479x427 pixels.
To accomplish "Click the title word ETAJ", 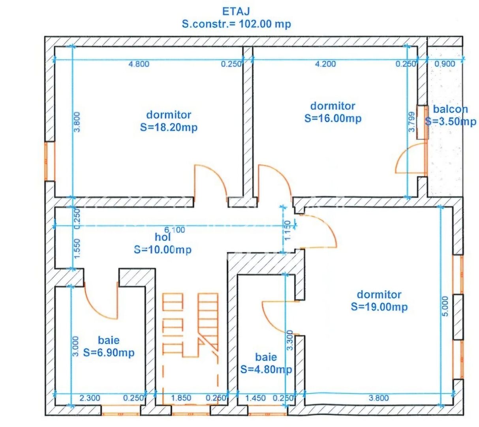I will pyautogui.click(x=236, y=11).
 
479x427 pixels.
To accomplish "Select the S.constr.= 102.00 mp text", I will pyautogui.click(x=236, y=24).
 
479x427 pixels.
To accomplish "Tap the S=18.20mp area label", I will pyautogui.click(x=169, y=128).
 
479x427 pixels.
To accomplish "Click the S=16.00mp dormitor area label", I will pyautogui.click(x=333, y=118).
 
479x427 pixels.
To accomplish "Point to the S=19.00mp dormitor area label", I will pyautogui.click(x=379, y=307).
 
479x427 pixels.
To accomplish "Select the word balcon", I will pyautogui.click(x=450, y=110).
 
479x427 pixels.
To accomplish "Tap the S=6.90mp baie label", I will pyautogui.click(x=109, y=352).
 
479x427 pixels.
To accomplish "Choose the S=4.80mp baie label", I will pyautogui.click(x=266, y=369).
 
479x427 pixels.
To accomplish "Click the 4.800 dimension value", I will pyautogui.click(x=139, y=64).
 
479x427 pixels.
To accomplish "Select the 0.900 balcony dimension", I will pyautogui.click(x=445, y=64).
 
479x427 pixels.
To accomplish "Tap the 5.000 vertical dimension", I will pyautogui.click(x=445, y=306).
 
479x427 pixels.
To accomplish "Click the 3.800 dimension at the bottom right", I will pyautogui.click(x=378, y=398).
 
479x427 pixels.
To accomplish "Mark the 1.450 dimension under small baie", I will pyautogui.click(x=255, y=398).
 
